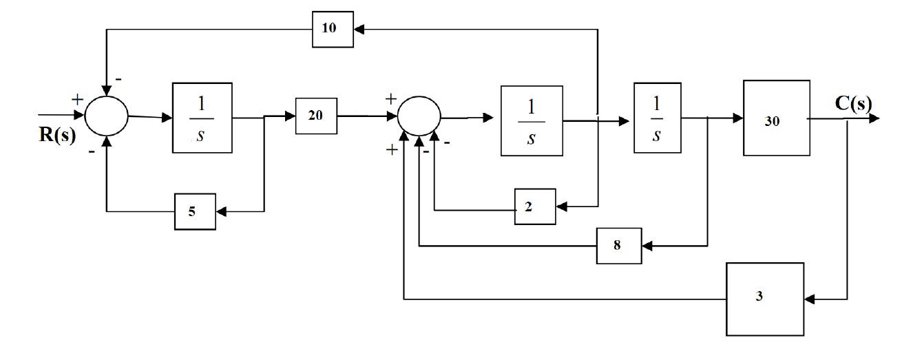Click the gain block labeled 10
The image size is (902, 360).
333,30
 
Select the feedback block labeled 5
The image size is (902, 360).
195,211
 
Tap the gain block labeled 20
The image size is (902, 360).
316,116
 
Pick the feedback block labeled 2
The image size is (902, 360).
535,205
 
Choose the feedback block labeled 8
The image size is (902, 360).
618,244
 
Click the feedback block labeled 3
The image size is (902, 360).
765,299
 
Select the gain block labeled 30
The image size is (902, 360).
776,118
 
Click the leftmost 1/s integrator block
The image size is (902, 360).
202,117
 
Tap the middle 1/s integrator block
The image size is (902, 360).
532,119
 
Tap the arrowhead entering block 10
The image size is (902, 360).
360,29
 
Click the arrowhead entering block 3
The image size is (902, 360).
810,299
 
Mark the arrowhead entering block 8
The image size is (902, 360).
647,244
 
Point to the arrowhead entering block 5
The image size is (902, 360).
222,211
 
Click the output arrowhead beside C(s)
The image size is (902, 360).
874,118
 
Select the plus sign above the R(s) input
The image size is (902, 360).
77,100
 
